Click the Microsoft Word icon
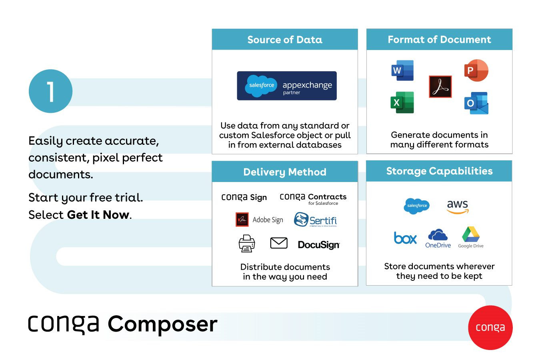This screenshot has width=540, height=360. point(402,70)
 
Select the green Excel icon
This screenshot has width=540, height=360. point(402,102)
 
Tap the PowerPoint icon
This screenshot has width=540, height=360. point(476,70)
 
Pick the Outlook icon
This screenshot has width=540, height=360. point(476,103)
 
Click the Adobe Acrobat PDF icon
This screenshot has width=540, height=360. point(440,86)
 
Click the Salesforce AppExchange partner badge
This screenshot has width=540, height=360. point(287,86)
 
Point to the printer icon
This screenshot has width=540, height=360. point(247,243)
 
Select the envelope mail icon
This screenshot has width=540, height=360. point(279,243)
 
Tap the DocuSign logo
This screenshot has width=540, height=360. point(318,244)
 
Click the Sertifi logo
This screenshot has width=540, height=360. point(315,220)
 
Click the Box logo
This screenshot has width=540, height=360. point(405,238)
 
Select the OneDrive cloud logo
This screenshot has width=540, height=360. point(438,239)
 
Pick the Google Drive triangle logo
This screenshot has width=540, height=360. point(471,237)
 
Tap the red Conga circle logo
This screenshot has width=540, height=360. point(490,328)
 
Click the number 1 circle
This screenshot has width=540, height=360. point(50,91)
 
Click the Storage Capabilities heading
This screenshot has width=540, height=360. point(439,171)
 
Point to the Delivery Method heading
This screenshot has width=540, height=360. point(285,172)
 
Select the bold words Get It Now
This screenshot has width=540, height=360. point(98,215)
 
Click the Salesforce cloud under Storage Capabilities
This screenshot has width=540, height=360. point(416,206)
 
